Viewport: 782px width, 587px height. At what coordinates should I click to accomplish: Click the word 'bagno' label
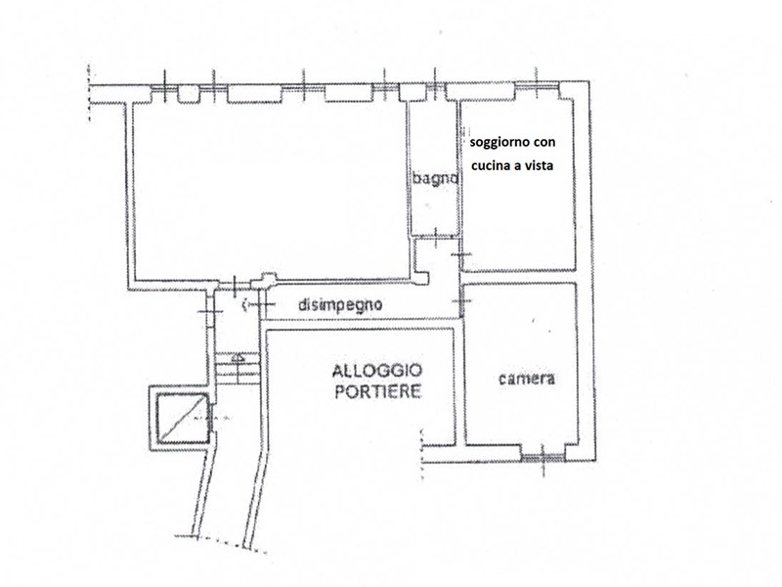coord(435,178)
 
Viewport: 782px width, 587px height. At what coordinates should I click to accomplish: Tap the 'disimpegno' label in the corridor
coord(340,304)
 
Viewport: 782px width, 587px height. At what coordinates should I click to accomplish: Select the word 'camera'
coord(527,379)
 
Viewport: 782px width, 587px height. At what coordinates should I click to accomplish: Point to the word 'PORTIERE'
coord(377,391)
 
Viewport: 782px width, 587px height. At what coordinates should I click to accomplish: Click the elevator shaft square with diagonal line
coord(183,419)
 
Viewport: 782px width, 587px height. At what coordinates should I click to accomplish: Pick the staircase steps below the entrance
coord(238,369)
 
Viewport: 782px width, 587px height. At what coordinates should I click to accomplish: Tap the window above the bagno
coord(434,88)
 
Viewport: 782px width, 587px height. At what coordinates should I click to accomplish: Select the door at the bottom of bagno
coord(436,237)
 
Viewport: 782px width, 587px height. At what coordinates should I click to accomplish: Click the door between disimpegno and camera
coord(461,301)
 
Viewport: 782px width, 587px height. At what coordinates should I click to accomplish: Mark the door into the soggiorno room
coord(461,255)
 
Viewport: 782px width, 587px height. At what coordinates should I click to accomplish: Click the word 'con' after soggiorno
coord(546,142)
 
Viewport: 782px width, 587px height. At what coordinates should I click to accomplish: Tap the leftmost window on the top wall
coord(164,88)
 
